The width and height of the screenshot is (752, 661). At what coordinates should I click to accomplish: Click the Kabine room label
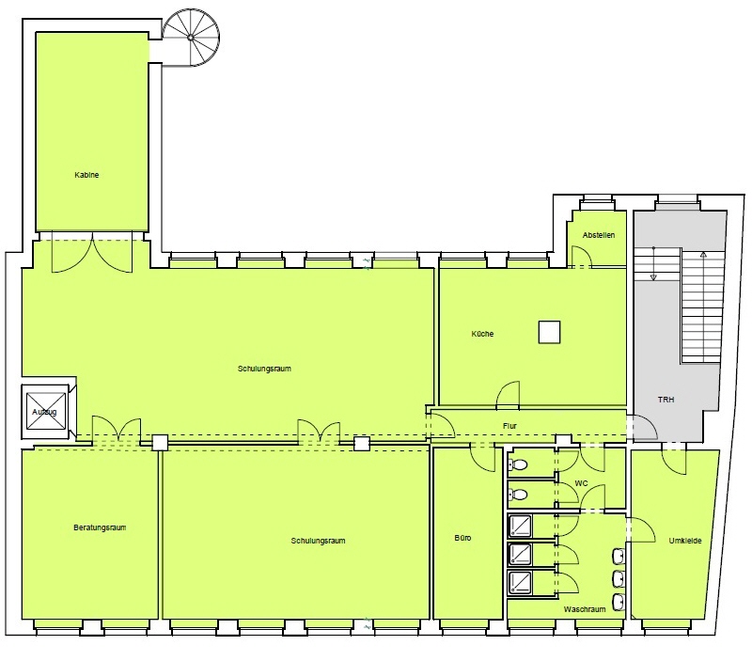pyautogui.click(x=86, y=175)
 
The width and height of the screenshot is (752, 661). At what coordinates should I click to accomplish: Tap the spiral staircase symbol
pyautogui.click(x=191, y=38)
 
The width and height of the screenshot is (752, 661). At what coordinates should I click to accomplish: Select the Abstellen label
pyautogui.click(x=599, y=235)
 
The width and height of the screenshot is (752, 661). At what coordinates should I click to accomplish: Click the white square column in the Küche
pyautogui.click(x=549, y=332)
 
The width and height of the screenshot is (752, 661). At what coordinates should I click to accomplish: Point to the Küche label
pyautogui.click(x=482, y=334)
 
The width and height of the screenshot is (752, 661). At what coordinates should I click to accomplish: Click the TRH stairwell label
pyautogui.click(x=666, y=399)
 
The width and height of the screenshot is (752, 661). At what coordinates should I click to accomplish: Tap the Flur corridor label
pyautogui.click(x=509, y=426)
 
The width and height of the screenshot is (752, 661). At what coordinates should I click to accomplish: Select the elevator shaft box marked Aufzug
pyautogui.click(x=45, y=412)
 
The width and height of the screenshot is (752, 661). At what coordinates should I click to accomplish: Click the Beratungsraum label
pyautogui.click(x=100, y=527)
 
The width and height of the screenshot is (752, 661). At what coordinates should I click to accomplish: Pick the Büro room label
pyautogui.click(x=462, y=538)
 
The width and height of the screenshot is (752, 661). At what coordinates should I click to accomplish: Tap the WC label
pyautogui.click(x=581, y=483)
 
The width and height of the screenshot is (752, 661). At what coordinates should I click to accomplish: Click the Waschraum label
pyautogui.click(x=585, y=609)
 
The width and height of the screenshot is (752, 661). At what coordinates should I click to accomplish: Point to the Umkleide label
pyautogui.click(x=685, y=541)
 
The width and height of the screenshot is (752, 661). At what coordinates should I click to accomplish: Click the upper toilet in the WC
pyautogui.click(x=518, y=464)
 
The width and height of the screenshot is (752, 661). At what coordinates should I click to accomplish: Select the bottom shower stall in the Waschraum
pyautogui.click(x=520, y=582)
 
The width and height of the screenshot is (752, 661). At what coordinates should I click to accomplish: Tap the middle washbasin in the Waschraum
pyautogui.click(x=619, y=579)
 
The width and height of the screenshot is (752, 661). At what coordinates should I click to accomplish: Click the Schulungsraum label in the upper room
pyautogui.click(x=264, y=369)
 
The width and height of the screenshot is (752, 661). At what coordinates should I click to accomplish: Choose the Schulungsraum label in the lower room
pyautogui.click(x=318, y=541)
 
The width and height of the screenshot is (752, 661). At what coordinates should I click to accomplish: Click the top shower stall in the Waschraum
pyautogui.click(x=520, y=526)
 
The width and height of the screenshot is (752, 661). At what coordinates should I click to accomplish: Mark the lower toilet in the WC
pyautogui.click(x=518, y=494)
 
